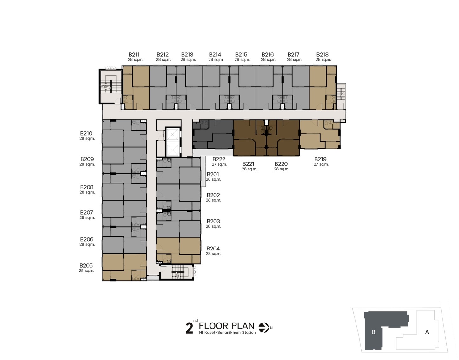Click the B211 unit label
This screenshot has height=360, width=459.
[x=134, y=55]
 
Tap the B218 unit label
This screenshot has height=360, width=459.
[x=322, y=55]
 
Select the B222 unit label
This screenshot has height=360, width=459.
[x=219, y=159]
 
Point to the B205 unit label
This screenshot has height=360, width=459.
[x=86, y=266]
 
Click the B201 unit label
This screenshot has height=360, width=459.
[x=213, y=174]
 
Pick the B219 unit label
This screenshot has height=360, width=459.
[x=320, y=159]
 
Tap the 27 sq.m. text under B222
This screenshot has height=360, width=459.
[x=219, y=164]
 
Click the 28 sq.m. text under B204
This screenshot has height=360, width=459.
[x=213, y=254]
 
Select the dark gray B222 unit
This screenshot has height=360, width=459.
[x=213, y=134]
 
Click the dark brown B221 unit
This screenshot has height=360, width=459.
[x=250, y=138]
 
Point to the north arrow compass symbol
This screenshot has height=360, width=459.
[x=264, y=328]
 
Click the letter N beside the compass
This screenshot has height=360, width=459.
[x=271, y=328]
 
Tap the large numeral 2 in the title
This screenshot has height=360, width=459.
[x=189, y=328]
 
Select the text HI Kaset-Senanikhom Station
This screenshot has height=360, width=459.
[x=227, y=333]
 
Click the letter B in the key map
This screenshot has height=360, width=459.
[x=373, y=332]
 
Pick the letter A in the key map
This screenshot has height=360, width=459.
[x=427, y=332]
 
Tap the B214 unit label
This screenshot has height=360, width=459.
[x=215, y=55]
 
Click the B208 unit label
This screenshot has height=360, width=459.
[x=87, y=187]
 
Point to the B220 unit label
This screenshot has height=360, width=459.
[x=281, y=164]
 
